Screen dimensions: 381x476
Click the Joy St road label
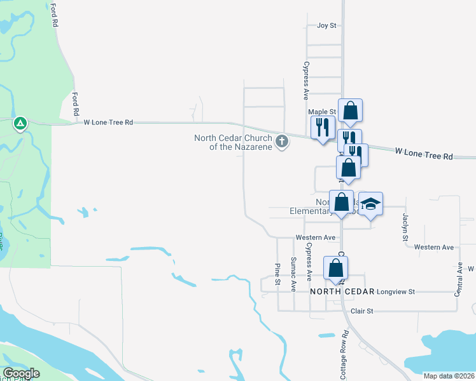[326, 26]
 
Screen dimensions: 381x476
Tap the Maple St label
[321, 112]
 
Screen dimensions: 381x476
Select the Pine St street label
[277, 274]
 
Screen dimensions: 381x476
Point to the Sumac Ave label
[293, 274]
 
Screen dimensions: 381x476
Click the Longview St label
[395, 291]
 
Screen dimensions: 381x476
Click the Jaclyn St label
[404, 227]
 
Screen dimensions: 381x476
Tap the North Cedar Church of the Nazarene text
[233, 142]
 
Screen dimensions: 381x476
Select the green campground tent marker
[20, 123]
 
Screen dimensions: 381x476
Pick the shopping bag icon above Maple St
[350, 111]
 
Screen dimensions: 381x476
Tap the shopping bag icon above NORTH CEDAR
[335, 268]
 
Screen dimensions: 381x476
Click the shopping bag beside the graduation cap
[341, 203]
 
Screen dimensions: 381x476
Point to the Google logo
[21, 373]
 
